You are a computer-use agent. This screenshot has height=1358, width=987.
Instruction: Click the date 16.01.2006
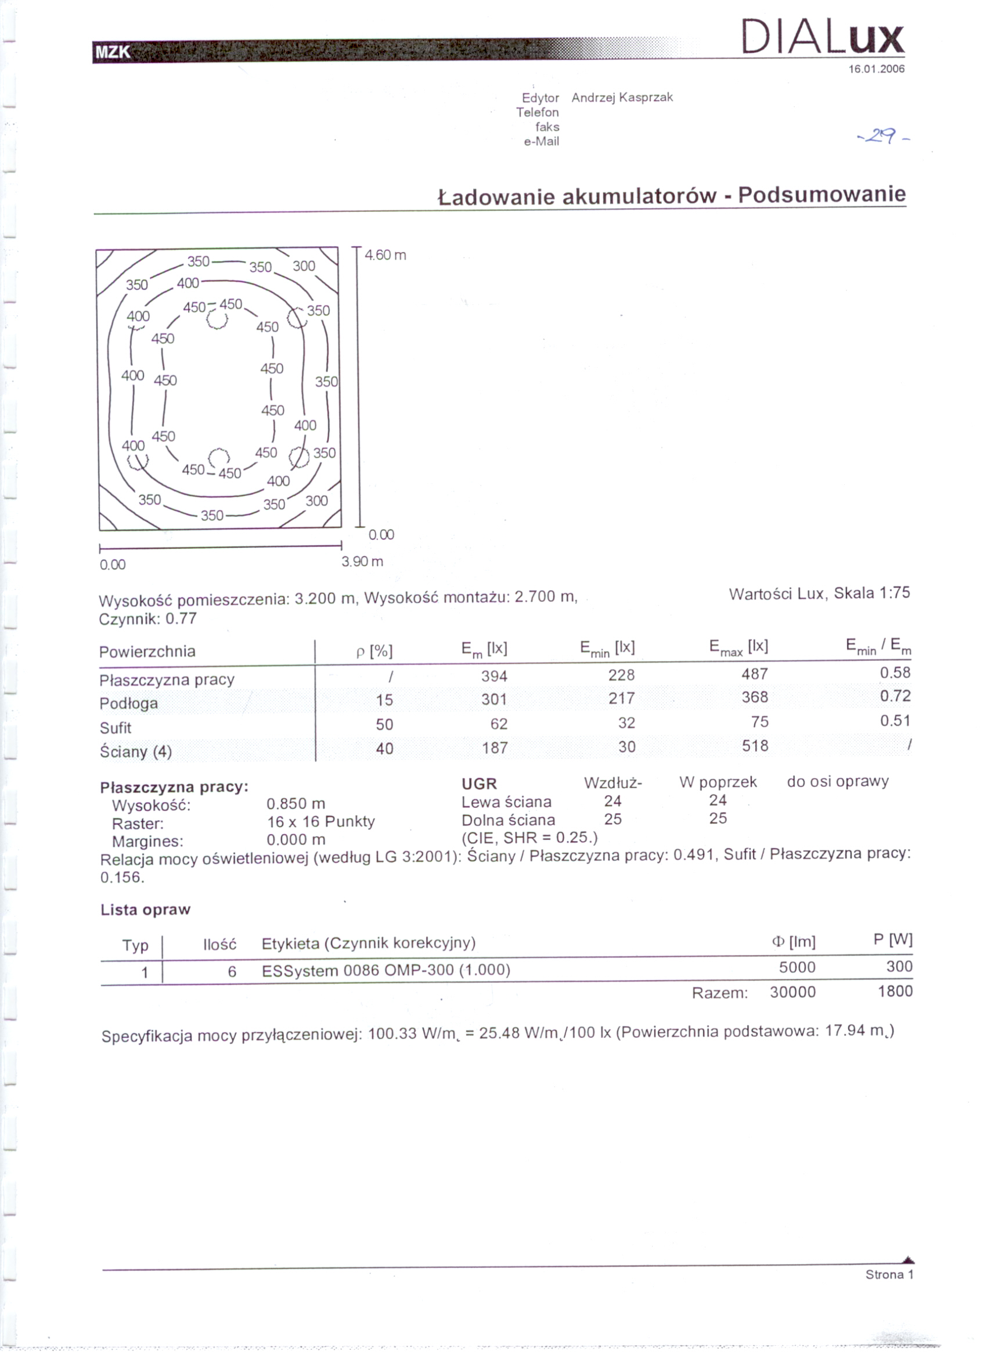point(876,69)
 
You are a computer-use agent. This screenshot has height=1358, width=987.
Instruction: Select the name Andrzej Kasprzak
point(622,97)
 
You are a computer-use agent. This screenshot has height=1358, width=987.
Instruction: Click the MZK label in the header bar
point(113,52)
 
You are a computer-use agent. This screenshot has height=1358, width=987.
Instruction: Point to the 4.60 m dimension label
point(386,255)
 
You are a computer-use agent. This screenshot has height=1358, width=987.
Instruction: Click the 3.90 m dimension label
point(362,562)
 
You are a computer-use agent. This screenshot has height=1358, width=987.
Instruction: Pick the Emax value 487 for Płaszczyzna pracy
point(754,674)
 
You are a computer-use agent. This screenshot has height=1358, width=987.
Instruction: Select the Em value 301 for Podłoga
point(495,699)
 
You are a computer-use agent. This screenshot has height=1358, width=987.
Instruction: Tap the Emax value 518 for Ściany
point(755,746)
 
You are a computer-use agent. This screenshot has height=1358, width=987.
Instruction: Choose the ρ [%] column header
point(374,652)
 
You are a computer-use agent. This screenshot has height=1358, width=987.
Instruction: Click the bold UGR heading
point(479,784)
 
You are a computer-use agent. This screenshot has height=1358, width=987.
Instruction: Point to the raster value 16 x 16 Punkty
point(321,821)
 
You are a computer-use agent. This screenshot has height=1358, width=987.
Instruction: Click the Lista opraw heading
point(146,910)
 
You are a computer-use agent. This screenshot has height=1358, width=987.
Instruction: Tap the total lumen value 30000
point(793,993)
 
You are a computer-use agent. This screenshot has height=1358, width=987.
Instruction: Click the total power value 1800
point(895,991)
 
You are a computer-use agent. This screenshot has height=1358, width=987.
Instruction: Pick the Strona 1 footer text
point(889,1275)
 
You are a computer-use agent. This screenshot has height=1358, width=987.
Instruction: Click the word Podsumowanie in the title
point(821,195)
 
